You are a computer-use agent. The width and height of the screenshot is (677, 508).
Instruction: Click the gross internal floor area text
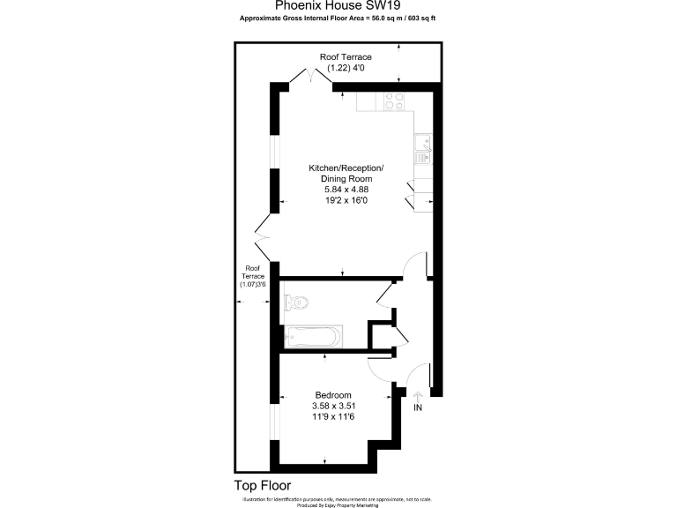(x=338, y=18)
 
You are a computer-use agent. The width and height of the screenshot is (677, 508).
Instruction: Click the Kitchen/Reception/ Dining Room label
(x=346, y=173)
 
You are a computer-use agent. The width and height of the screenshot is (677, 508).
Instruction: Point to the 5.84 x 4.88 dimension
(x=346, y=189)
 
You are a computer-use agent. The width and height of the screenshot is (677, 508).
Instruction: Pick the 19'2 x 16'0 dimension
(x=346, y=200)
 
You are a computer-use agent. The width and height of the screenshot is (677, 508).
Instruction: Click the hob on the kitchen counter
(x=393, y=101)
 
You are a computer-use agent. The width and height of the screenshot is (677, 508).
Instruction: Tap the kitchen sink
(x=423, y=149)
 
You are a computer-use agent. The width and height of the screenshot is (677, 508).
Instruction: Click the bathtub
(x=313, y=336)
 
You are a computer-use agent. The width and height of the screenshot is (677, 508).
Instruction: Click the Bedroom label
(x=333, y=394)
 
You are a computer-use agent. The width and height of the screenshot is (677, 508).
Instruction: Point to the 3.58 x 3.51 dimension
(x=333, y=406)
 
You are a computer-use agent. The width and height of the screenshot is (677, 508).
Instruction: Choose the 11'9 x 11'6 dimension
(x=333, y=417)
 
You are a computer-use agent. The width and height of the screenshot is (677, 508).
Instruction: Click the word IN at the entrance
(x=418, y=408)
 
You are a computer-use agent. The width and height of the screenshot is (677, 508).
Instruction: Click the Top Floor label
(x=262, y=485)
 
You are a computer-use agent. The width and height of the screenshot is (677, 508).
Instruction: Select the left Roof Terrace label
(x=253, y=271)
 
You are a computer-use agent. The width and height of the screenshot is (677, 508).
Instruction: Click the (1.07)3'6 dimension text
(x=253, y=284)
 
